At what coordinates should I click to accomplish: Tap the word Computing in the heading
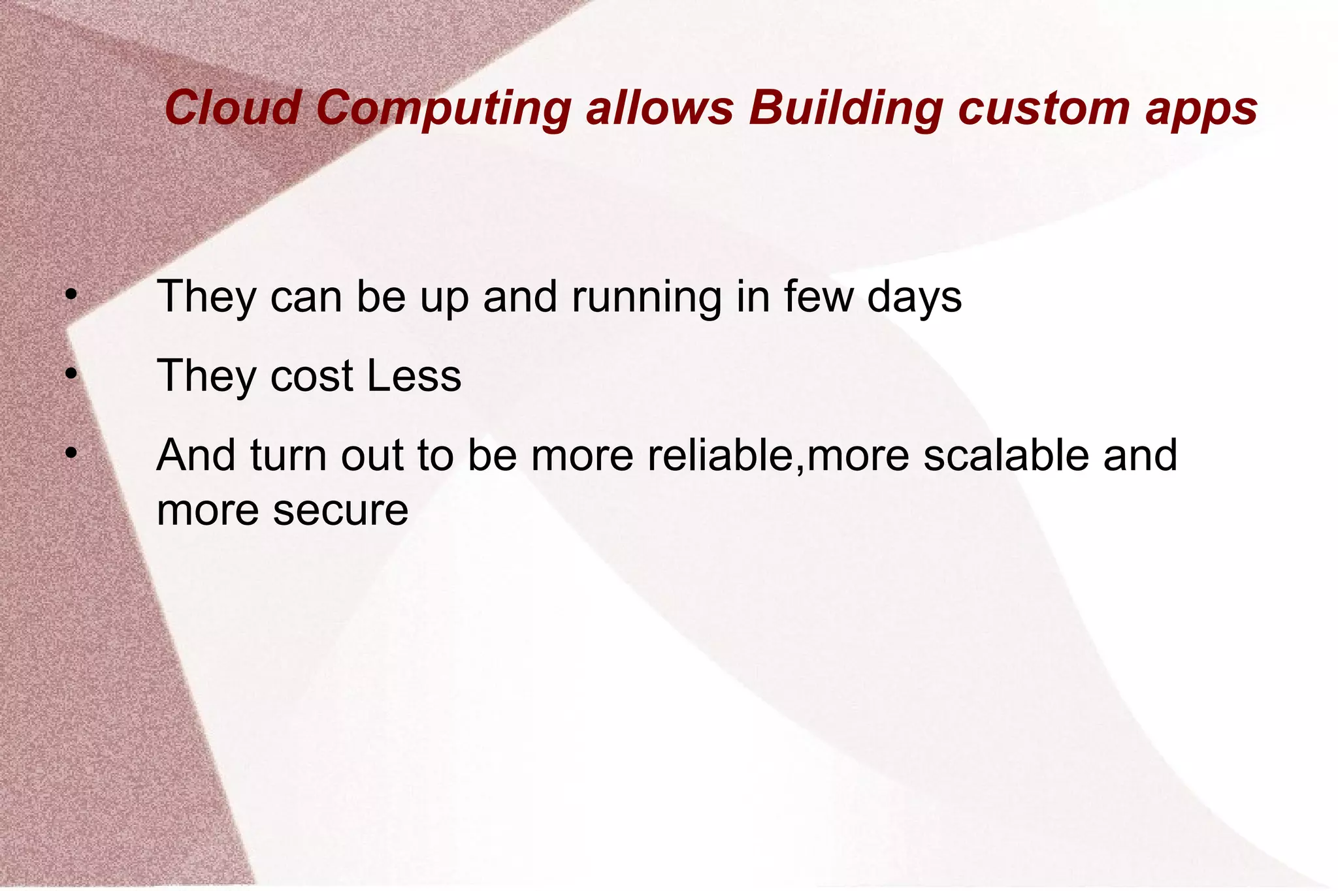coord(444,108)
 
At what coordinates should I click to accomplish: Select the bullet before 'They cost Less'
coord(71,374)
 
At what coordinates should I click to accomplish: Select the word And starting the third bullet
coord(196,455)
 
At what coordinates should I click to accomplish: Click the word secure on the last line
coord(340,510)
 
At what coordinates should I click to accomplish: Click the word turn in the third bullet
coord(287,455)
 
